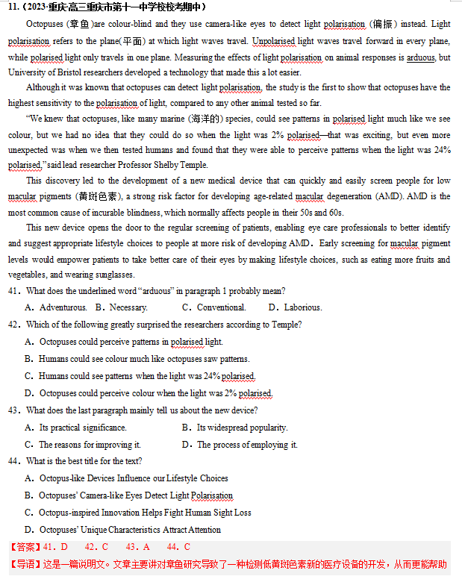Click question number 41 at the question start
[x=14, y=290]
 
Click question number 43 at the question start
[x=14, y=410]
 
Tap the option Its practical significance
[x=76, y=428]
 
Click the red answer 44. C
[x=178, y=547]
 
